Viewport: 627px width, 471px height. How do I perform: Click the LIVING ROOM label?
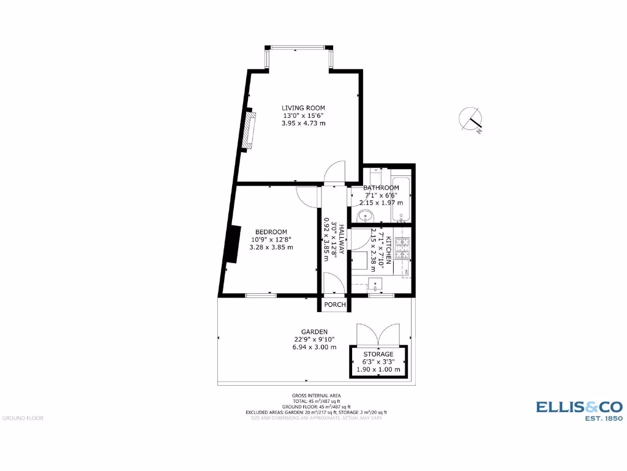coord(303,108)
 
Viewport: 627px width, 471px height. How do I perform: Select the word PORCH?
coord(335,305)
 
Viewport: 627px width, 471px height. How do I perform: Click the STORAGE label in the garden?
coord(378,354)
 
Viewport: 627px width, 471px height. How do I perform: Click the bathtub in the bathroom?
coord(401,199)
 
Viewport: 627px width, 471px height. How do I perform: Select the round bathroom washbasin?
coord(365,216)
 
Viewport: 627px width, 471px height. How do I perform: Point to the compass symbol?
coord(470,120)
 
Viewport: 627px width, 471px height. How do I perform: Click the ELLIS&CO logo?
coord(579,406)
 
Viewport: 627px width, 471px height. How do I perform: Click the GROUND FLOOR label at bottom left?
coord(23,418)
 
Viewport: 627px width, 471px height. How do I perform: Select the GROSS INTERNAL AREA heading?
coord(317,395)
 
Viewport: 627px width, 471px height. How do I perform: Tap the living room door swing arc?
coord(336,171)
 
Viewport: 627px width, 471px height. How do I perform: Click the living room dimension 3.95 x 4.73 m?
coord(303,123)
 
